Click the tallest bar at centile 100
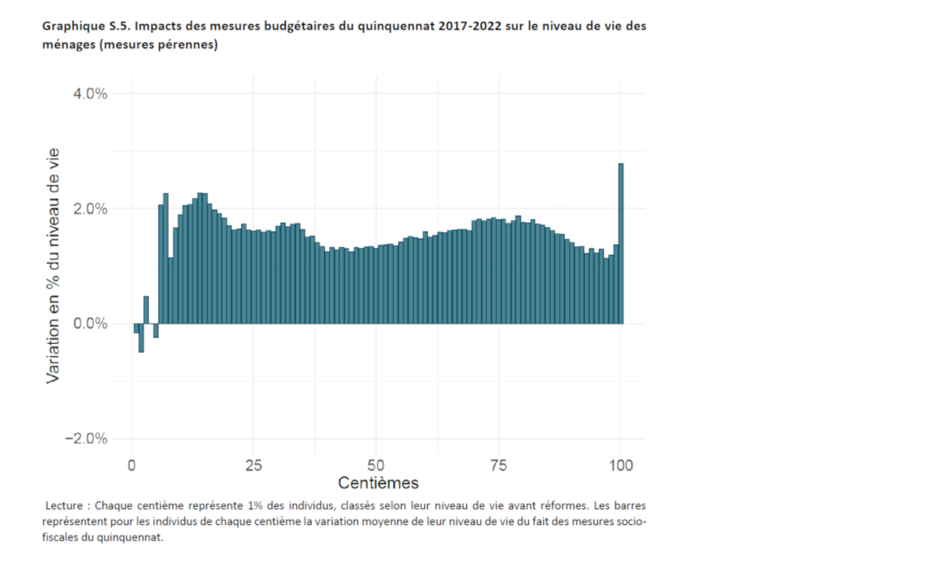tap(620, 243)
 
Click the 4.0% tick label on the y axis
tap(90, 94)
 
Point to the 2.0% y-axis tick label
tap(90, 208)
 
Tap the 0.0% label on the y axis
tap(90, 323)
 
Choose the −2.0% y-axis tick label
tap(86, 438)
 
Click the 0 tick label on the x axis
tap(131, 465)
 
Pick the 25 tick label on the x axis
tap(254, 465)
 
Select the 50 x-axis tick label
tap(376, 465)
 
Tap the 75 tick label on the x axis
tap(498, 465)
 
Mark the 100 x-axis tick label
tap(620, 465)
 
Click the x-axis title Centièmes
tap(378, 483)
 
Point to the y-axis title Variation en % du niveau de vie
tap(53, 265)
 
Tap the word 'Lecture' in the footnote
tap(64, 506)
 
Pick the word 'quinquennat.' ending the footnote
tap(130, 537)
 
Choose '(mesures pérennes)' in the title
tap(158, 45)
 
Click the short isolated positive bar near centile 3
tap(146, 310)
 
